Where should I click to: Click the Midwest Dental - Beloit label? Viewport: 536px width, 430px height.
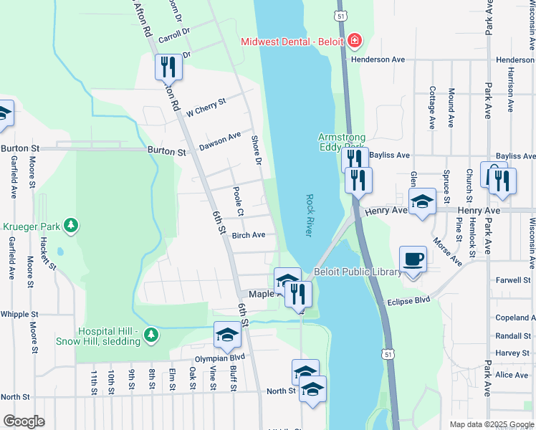tap(293, 41)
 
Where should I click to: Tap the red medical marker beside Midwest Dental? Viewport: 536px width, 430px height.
tap(354, 41)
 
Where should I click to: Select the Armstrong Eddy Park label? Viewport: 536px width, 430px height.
tap(342, 143)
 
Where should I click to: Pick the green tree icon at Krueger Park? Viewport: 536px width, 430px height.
tap(70, 226)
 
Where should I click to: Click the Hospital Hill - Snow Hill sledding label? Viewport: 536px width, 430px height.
tap(99, 337)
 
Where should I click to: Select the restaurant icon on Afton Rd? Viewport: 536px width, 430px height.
tap(168, 67)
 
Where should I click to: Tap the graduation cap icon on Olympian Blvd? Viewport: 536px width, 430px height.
tap(227, 335)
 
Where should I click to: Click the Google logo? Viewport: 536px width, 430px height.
tap(24, 421)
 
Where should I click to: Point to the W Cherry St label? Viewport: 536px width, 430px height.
tap(206, 107)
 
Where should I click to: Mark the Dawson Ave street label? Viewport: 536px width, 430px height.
tap(220, 138)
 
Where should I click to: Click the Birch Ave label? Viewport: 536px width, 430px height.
tap(249, 235)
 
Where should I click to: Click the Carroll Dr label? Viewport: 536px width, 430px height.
tap(174, 33)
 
